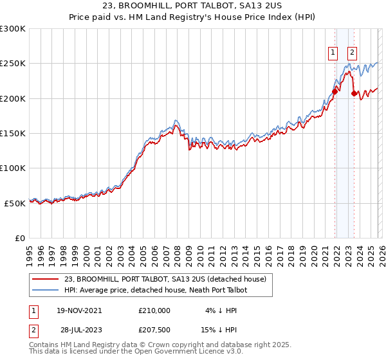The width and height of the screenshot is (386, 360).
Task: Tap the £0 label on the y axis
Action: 19,238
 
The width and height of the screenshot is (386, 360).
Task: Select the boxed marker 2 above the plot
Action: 353,53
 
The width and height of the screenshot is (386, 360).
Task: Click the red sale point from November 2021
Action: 335,92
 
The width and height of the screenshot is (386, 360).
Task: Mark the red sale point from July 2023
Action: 354,94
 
